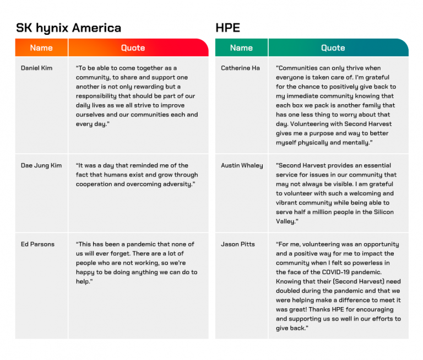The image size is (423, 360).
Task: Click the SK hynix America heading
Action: (68, 28)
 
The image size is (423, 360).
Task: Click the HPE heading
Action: (227, 28)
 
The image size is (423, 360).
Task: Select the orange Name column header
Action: (41, 48)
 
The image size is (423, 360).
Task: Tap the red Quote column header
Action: (133, 48)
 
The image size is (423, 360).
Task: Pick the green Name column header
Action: (241, 48)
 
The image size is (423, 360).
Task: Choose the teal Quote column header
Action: (333, 48)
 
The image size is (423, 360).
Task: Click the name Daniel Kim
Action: (36, 68)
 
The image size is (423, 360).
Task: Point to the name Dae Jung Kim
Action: (41, 165)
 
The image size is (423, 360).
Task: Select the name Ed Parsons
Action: (37, 244)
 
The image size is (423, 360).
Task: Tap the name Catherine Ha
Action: (240, 68)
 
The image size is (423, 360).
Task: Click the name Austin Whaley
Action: (242, 165)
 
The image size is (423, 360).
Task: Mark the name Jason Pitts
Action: (238, 244)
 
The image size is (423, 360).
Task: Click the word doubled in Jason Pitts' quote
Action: (290, 291)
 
